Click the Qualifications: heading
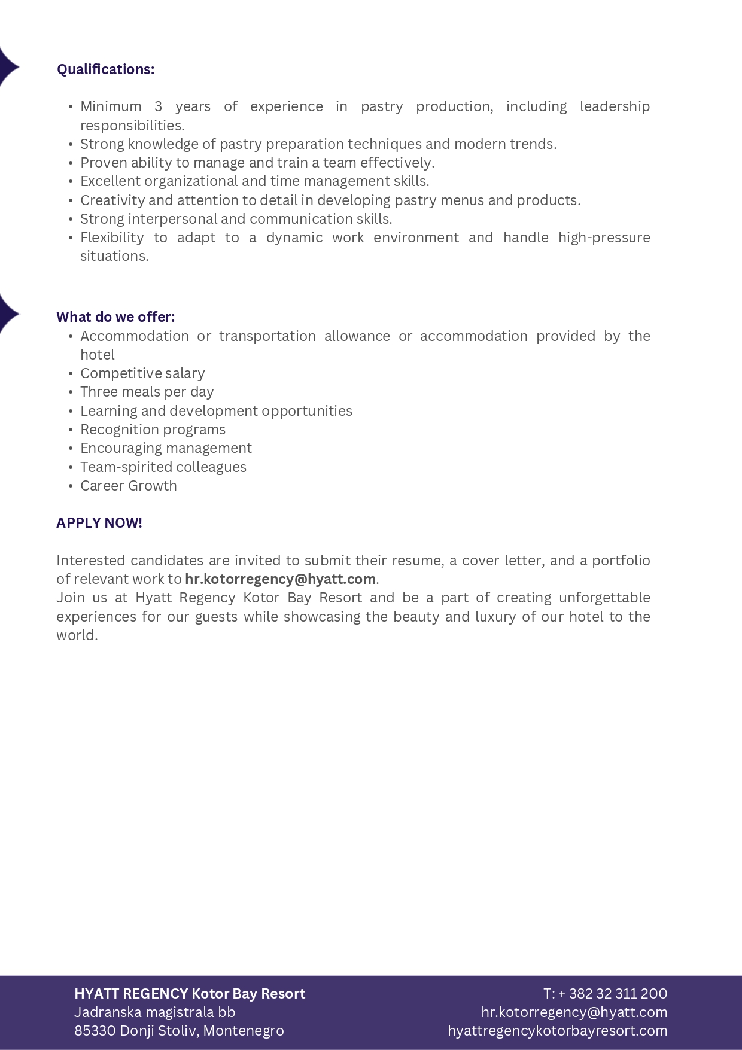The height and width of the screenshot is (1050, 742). click(x=105, y=69)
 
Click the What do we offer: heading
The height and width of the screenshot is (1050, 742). click(x=115, y=317)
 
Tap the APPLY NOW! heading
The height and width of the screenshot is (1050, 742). click(x=99, y=523)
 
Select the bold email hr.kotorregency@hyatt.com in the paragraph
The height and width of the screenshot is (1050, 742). click(x=280, y=579)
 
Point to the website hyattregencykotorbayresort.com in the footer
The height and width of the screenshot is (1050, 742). click(x=557, y=1031)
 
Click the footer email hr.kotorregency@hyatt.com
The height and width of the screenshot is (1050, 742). click(x=574, y=1012)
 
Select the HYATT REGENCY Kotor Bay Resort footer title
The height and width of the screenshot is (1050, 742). click(x=190, y=994)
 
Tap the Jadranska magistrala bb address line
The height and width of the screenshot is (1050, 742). click(x=154, y=1012)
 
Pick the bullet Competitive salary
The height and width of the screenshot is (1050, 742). click(x=142, y=373)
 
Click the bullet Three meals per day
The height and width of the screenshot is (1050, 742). click(x=147, y=392)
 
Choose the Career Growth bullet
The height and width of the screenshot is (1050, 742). click(x=129, y=486)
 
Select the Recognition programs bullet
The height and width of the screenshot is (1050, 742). click(x=153, y=430)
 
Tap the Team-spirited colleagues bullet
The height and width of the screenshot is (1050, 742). click(x=163, y=467)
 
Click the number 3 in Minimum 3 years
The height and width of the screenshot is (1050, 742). click(x=158, y=106)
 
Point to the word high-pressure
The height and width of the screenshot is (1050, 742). click(x=604, y=238)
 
